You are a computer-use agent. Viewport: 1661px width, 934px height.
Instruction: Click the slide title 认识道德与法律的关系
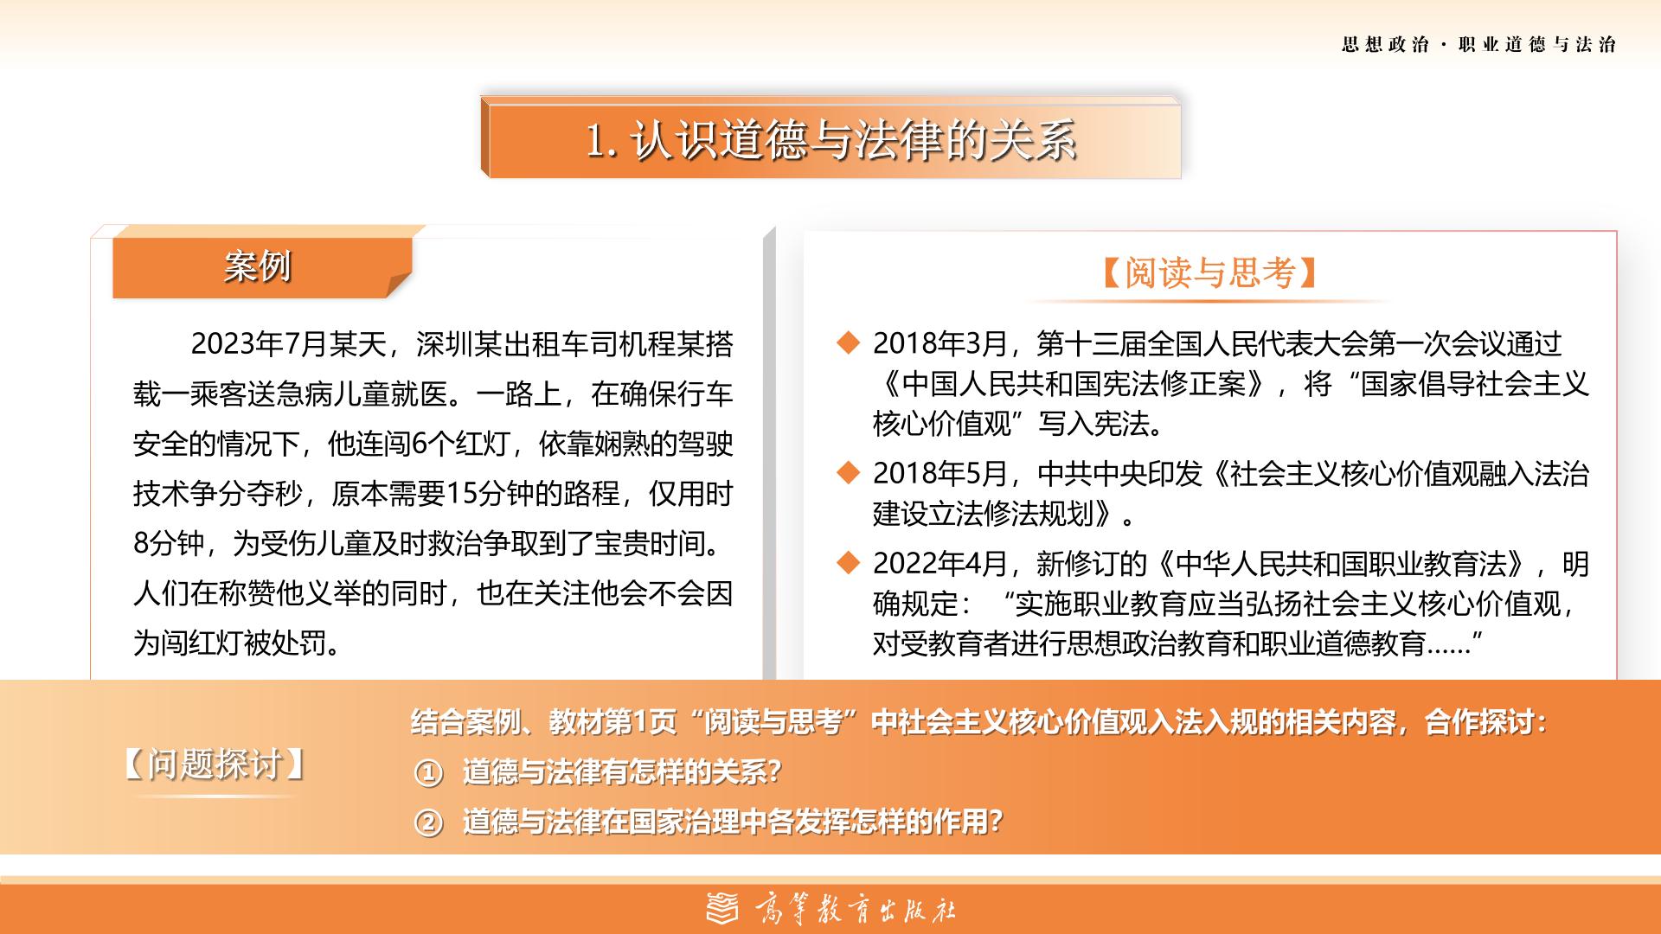tap(853, 139)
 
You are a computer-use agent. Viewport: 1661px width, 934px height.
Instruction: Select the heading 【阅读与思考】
tap(1210, 272)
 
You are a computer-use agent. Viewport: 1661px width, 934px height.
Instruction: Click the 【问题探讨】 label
tap(214, 764)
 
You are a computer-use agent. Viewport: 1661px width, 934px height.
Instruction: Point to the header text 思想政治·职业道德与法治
tap(1478, 45)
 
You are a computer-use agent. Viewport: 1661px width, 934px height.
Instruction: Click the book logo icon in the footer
tap(723, 909)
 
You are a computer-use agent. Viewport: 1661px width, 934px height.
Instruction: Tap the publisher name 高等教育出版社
tap(856, 910)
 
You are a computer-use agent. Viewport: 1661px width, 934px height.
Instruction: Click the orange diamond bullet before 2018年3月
tap(849, 343)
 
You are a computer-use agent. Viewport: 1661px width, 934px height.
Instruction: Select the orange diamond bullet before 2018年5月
tap(849, 473)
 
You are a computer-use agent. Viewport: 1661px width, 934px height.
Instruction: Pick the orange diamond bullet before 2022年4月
tap(849, 564)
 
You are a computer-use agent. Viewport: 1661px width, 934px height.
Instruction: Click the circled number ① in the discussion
tap(428, 772)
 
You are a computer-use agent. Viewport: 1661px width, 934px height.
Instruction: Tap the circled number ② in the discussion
tap(428, 822)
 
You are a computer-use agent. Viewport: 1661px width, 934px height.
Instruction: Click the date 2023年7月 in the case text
tap(258, 344)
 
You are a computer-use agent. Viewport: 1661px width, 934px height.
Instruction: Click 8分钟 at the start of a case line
tap(169, 544)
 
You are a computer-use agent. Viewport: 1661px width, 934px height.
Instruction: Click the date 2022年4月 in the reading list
tap(940, 564)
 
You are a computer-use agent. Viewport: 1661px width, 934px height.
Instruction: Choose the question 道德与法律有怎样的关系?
tap(622, 771)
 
